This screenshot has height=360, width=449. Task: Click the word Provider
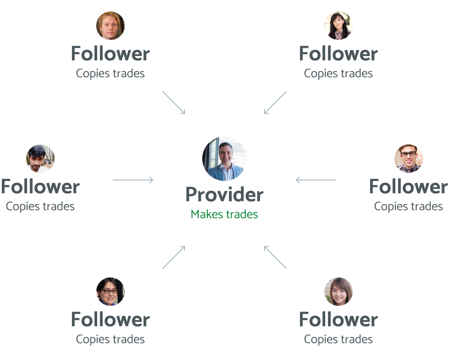click(224, 194)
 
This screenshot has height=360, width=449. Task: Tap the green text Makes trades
click(224, 214)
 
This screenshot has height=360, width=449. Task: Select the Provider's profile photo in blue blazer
click(224, 158)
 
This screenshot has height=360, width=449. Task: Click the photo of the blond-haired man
click(110, 26)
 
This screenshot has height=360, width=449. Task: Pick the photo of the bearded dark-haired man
click(40, 158)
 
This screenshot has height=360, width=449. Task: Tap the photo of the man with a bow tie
click(409, 158)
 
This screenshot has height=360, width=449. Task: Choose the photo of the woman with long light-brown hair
click(339, 292)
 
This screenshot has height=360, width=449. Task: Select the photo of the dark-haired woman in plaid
click(339, 26)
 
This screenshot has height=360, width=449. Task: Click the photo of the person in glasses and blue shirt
click(110, 292)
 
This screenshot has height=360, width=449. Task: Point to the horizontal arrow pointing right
click(133, 180)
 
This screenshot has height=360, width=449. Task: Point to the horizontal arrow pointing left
click(316, 180)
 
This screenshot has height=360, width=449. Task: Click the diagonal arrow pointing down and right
click(173, 103)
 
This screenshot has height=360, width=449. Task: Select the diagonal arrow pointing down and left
click(276, 103)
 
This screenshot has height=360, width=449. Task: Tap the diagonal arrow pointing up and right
click(173, 257)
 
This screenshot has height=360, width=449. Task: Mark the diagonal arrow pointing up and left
click(276, 257)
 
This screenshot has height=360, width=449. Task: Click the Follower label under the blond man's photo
click(110, 54)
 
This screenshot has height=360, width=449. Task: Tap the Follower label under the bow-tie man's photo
click(409, 186)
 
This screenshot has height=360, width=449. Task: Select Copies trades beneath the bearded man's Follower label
click(40, 206)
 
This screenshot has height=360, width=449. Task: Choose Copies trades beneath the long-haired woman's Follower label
click(339, 340)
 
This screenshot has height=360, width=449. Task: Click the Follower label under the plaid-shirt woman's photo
click(339, 54)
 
